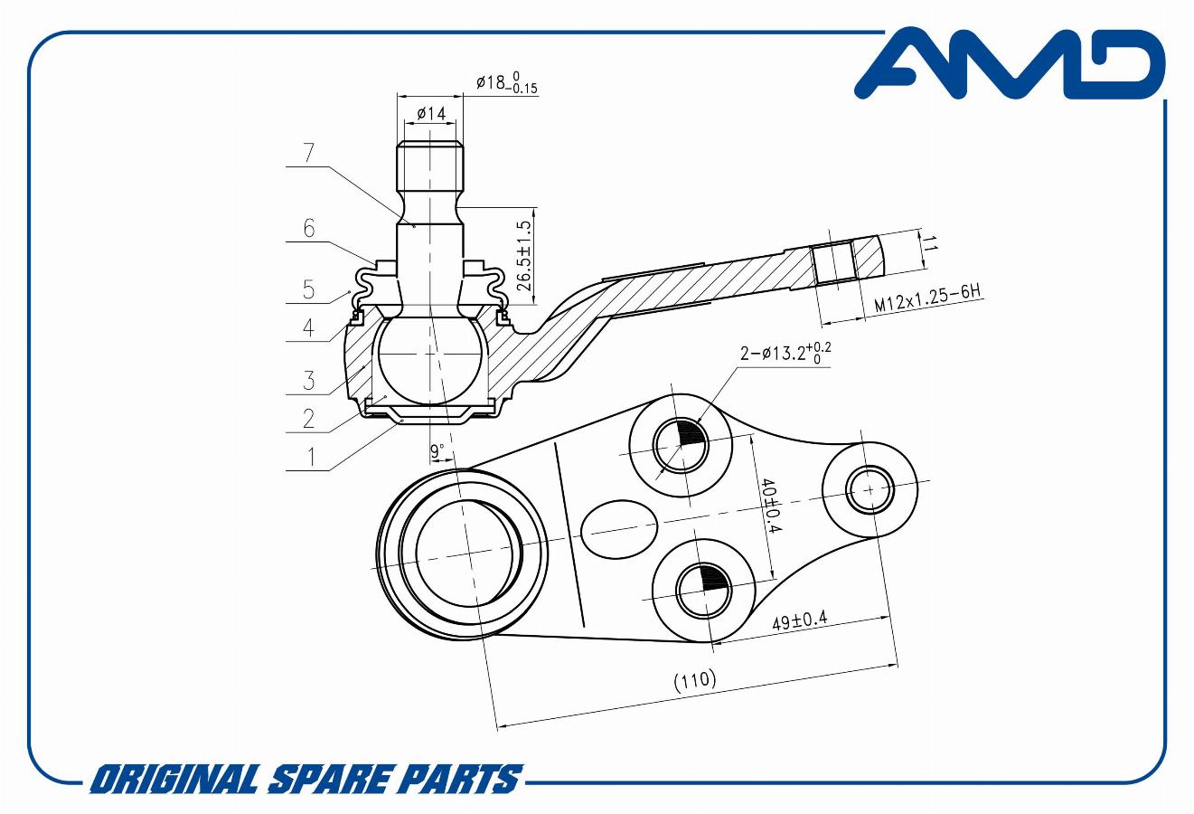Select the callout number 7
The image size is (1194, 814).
pos(309,153)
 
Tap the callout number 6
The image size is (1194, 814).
pos(309,228)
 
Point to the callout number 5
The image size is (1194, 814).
pos(309,289)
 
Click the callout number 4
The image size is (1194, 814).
pos(309,327)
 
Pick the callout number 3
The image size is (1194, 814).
pos(309,380)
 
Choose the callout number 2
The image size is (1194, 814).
pos(309,419)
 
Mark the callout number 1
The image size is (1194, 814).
pos(309,457)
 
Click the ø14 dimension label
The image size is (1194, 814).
pos(430,114)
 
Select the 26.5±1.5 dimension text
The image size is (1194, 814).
pos(522,255)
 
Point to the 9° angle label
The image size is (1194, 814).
pos(437,450)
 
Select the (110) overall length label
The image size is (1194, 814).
pos(695,680)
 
